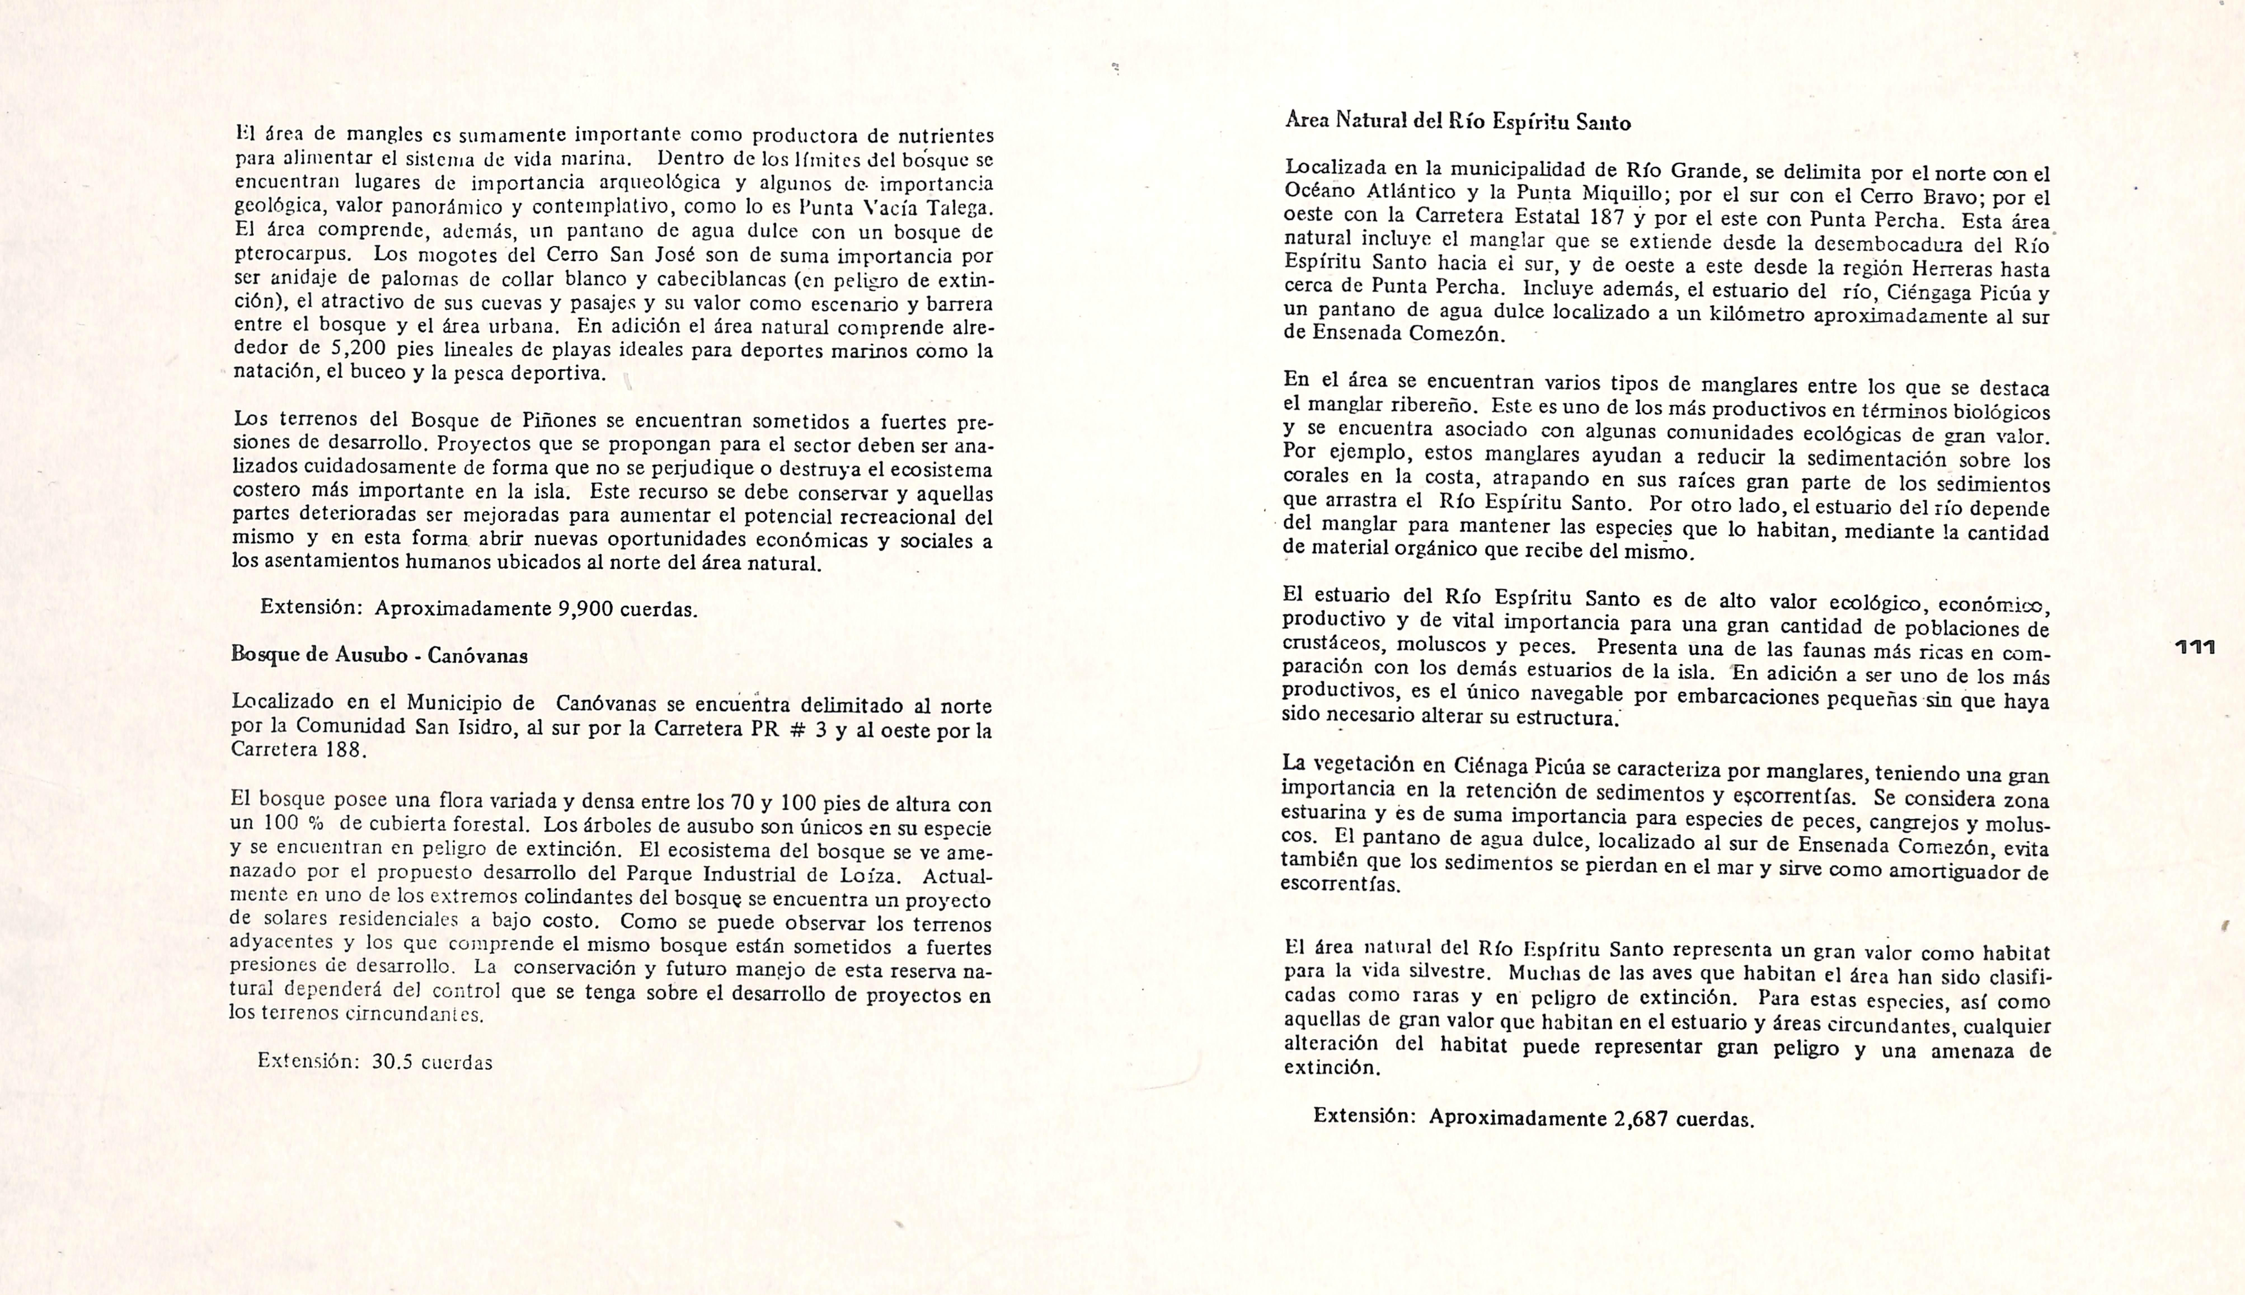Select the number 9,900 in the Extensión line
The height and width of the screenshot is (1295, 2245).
click(585, 609)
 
